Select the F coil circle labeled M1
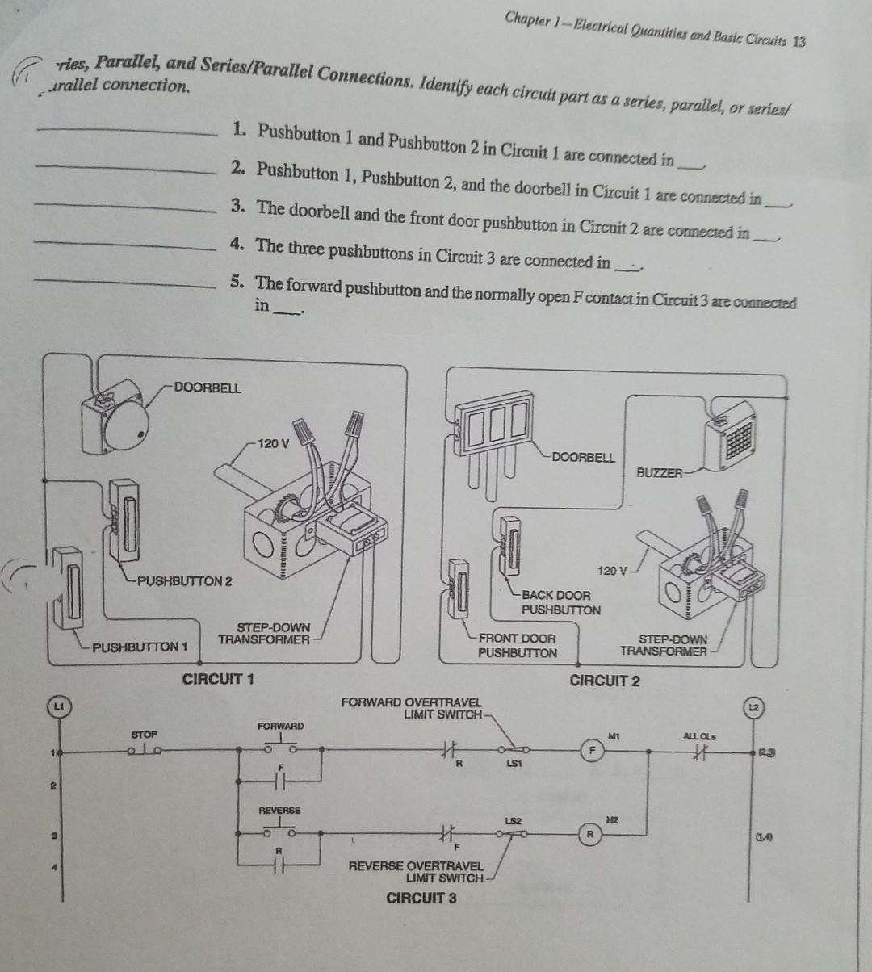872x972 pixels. [x=593, y=748]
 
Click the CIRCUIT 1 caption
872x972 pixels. [x=218, y=679]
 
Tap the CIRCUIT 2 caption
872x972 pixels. [x=605, y=681]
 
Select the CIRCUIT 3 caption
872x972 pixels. [x=421, y=899]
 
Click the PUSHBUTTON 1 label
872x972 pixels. [x=140, y=647]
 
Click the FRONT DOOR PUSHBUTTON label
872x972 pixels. [x=518, y=646]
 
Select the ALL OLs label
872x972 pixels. [x=699, y=737]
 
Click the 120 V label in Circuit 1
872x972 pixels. [x=272, y=443]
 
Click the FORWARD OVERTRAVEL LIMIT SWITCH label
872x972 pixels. [x=412, y=708]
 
